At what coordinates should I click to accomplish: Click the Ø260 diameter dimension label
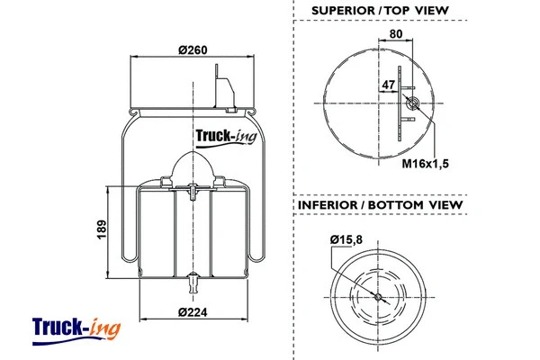click(x=193, y=49)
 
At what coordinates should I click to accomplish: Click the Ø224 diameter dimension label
click(x=193, y=312)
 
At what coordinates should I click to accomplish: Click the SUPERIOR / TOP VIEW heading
click(x=379, y=11)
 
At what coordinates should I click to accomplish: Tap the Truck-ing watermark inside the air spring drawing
click(x=226, y=137)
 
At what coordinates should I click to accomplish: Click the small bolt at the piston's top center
click(x=193, y=190)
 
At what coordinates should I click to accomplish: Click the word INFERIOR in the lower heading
click(x=328, y=205)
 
